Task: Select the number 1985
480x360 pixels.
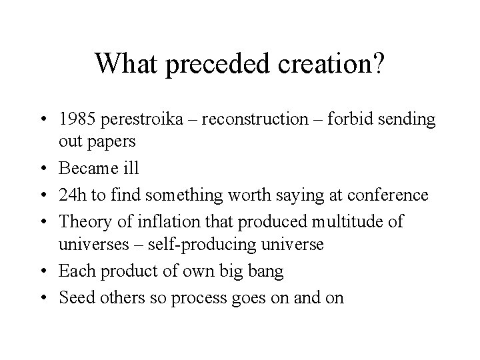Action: click(77, 120)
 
